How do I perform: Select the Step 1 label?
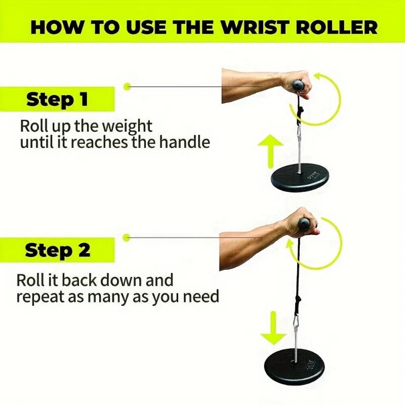(x=57, y=99)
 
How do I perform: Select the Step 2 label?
(x=57, y=250)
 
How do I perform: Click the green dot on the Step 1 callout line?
(x=127, y=87)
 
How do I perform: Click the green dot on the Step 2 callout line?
(x=127, y=237)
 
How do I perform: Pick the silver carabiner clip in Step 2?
(x=297, y=321)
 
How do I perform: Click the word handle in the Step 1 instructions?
(x=184, y=142)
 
